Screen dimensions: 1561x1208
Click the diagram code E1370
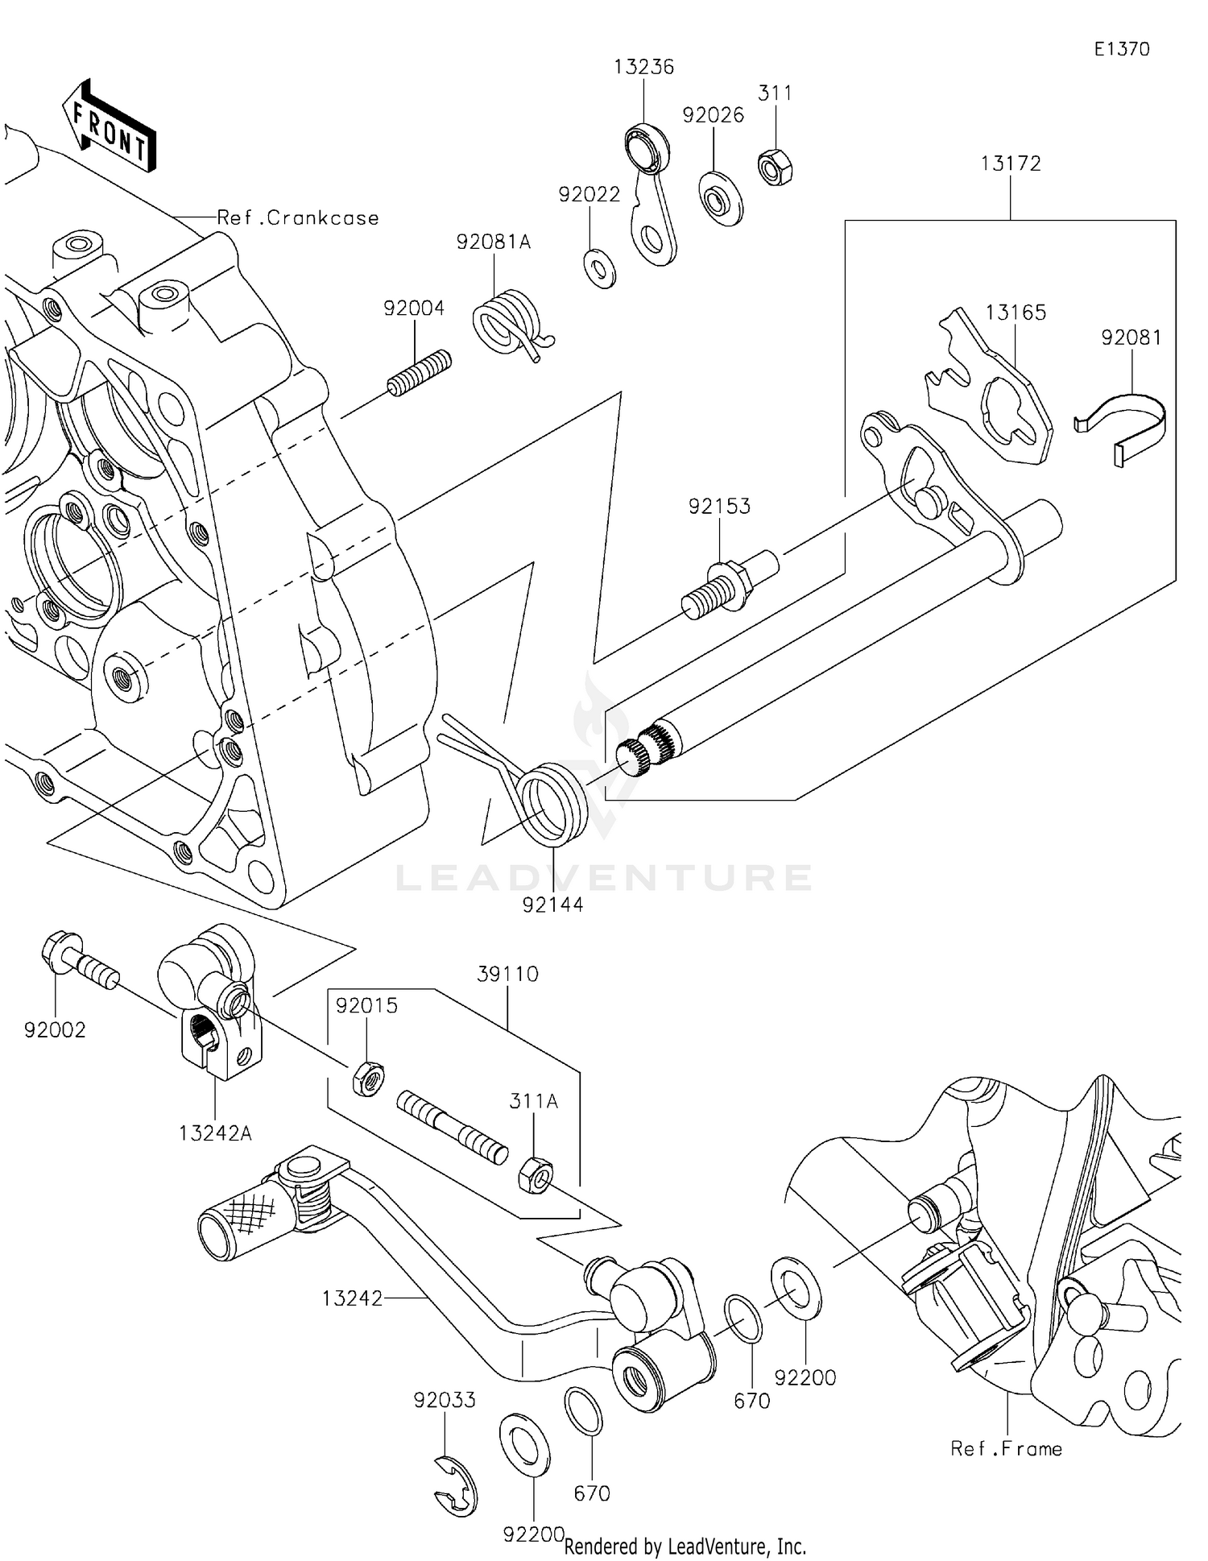[1122, 49]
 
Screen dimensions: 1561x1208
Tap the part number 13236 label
[643, 67]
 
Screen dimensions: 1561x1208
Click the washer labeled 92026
[720, 198]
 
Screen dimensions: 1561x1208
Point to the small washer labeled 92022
[599, 269]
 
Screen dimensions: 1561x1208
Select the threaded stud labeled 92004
[419, 373]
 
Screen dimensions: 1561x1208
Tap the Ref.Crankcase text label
[298, 217]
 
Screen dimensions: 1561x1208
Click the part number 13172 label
[1011, 164]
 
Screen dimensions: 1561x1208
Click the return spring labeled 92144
[552, 801]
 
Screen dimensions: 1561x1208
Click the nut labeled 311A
[533, 1175]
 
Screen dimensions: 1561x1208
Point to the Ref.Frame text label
[1007, 1449]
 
